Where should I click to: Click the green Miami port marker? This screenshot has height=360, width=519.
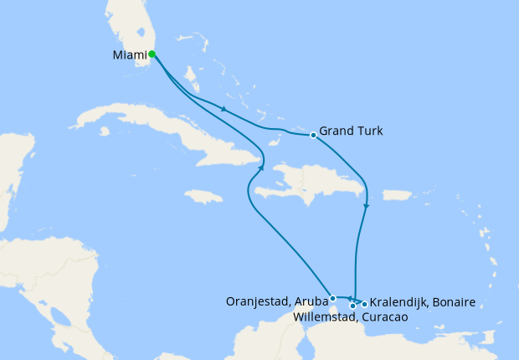click(x=152, y=54)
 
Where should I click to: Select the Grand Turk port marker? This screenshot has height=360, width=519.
click(x=313, y=135)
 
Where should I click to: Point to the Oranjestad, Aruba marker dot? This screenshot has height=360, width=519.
click(x=333, y=298)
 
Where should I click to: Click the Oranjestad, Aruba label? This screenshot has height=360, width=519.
click(x=278, y=301)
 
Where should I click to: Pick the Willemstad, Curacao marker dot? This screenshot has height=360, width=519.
click(x=352, y=306)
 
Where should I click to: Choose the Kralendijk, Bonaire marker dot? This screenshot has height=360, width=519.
click(x=364, y=304)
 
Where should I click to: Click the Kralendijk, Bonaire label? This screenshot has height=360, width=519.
click(x=423, y=302)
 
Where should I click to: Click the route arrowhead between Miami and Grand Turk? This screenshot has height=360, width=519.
click(x=224, y=110)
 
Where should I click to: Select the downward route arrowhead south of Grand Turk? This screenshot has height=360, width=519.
click(x=366, y=205)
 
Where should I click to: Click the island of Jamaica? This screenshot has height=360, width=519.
click(x=203, y=196)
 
